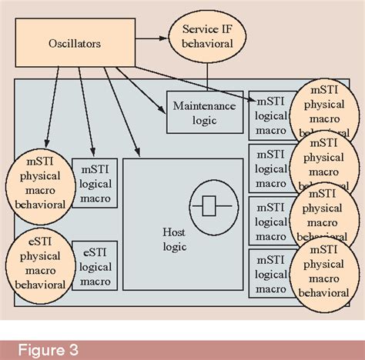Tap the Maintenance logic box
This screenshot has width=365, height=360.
(204, 112)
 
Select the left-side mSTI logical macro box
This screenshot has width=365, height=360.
(94, 184)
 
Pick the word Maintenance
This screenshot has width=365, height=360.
(205, 105)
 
